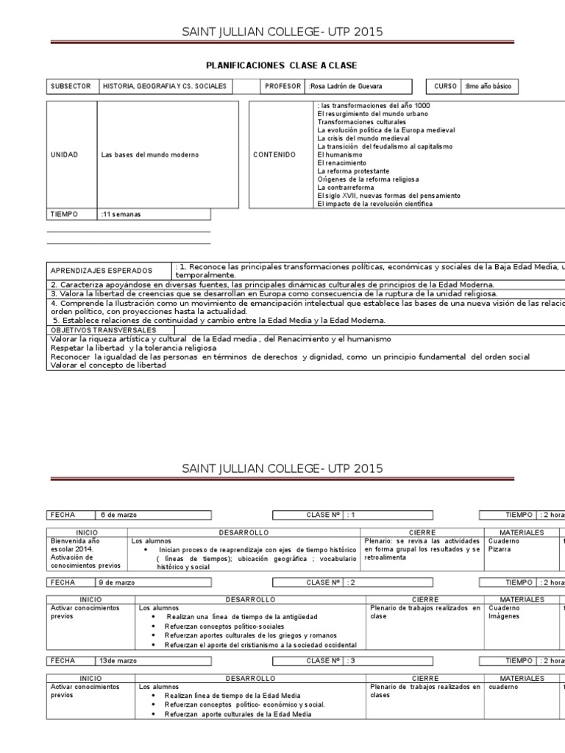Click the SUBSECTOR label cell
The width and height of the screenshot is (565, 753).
coord(71,87)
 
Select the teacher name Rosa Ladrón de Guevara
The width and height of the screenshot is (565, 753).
coord(346,87)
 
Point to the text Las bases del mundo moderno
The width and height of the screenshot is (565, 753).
coord(150,155)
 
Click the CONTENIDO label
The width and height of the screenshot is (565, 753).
coord(274,155)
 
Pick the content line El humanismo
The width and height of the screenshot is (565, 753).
coord(339,155)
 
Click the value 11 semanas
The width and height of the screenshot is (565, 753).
coord(121,215)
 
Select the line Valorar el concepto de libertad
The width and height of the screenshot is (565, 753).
coord(108,365)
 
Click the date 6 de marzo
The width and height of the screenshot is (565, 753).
coord(118,515)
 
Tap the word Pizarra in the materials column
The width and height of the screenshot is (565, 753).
coord(499,549)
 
